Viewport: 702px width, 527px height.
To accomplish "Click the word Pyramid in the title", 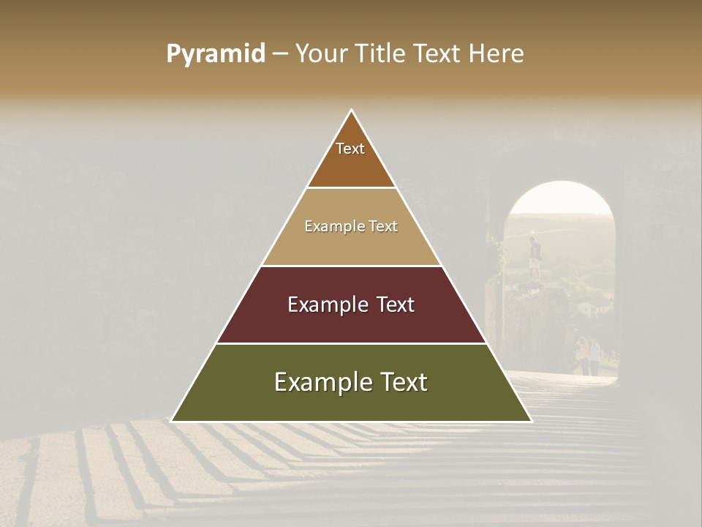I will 216,54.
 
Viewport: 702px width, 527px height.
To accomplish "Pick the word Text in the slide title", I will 439,54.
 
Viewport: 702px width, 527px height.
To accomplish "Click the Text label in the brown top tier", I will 350,149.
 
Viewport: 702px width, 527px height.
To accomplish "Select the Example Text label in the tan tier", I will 351,227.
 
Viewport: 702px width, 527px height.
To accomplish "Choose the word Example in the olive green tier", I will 319,383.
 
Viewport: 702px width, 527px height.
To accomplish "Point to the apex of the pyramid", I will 352,111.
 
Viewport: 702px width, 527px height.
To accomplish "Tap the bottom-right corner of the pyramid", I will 531,421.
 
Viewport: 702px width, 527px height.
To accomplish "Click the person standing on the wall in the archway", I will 536,258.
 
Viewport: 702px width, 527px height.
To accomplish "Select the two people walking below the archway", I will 588,355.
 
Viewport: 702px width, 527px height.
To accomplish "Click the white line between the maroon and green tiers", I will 351,343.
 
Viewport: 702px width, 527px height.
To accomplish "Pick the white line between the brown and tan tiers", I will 351,188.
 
